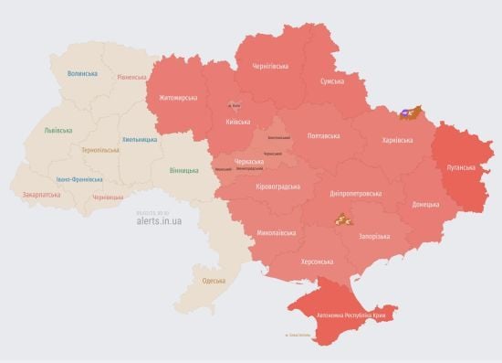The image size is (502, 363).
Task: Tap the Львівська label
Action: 58,131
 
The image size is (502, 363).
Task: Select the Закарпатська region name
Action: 43,195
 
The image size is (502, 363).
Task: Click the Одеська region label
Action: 214,281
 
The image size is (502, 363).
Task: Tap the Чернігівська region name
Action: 270,67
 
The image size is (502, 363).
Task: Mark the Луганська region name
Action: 461,168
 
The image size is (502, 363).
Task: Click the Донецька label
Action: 425,204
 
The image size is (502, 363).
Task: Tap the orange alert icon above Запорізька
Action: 341,219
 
